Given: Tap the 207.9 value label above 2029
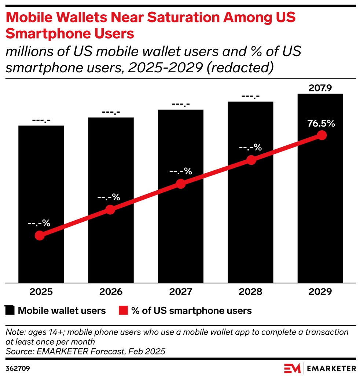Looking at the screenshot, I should click(x=320, y=88).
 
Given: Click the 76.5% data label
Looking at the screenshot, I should click(x=321, y=124).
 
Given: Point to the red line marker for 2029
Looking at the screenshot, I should click(x=322, y=135).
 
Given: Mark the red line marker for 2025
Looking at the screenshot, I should click(x=40, y=236).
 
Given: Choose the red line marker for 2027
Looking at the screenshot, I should click(x=181, y=184).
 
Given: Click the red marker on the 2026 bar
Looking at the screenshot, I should click(x=110, y=210).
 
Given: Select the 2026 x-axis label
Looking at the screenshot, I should click(x=111, y=292).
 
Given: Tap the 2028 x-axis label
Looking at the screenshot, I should click(x=251, y=292).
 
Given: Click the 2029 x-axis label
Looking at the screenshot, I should click(x=320, y=292).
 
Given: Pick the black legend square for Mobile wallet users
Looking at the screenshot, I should click(x=10, y=311).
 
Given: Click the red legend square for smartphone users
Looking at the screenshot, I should click(x=123, y=311).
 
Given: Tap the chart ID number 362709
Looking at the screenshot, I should click(x=17, y=368).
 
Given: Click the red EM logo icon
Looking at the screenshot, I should click(x=292, y=368).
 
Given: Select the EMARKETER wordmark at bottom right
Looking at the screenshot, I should click(x=331, y=368).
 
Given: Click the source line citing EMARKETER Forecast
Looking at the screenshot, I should click(x=85, y=351).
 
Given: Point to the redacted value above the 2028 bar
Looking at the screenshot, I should click(x=250, y=97).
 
